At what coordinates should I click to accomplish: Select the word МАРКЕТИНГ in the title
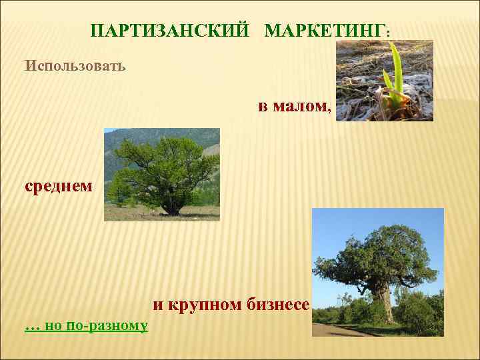tap(324, 31)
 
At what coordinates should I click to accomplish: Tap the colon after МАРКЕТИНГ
tap(388, 33)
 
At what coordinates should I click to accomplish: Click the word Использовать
tap(75, 67)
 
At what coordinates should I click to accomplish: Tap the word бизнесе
tap(280, 305)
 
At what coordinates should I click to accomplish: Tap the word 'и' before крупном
tap(157, 305)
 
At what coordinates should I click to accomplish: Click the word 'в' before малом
tap(263, 106)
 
